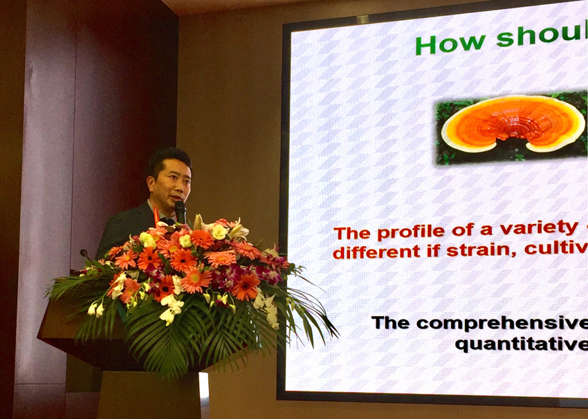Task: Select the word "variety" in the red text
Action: [x=549, y=228]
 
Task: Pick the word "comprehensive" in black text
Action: [x=502, y=324]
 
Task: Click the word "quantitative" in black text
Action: [x=522, y=344]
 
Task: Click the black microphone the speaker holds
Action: [x=181, y=212]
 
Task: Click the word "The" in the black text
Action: [x=390, y=323]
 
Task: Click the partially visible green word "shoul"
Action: [x=542, y=35]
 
